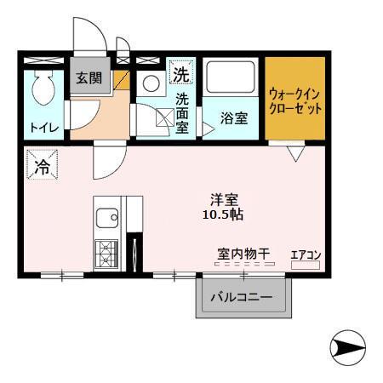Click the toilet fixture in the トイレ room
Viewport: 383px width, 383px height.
[x=42, y=88]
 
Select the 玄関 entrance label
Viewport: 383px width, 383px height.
[x=88, y=78]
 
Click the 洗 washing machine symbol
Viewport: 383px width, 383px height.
[x=180, y=74]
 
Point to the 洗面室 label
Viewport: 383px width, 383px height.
[x=182, y=113]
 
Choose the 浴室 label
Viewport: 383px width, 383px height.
[x=235, y=118]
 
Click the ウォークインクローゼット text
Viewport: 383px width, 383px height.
[x=295, y=100]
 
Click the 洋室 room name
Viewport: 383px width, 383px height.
[x=225, y=200]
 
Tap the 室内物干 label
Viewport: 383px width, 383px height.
[x=243, y=254]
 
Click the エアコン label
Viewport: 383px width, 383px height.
[x=305, y=254]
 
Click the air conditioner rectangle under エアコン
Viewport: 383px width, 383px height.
[x=305, y=266]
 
